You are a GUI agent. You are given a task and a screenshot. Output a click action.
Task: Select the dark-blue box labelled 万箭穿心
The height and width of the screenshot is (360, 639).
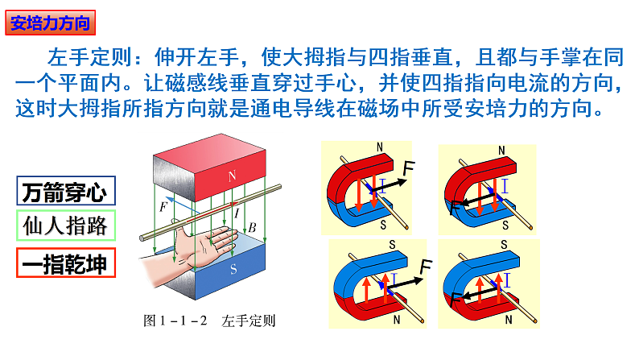point(65,192)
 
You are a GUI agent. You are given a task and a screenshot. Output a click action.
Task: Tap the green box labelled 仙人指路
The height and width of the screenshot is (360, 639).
point(65,225)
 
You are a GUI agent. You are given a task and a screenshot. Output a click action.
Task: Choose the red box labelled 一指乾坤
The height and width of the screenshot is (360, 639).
point(65,263)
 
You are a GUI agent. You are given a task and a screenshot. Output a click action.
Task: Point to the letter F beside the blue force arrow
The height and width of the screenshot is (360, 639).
point(164,207)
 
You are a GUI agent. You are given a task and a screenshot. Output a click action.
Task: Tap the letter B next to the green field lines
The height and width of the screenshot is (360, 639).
point(252,229)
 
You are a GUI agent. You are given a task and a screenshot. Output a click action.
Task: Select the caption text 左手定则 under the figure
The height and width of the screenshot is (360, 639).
point(249,320)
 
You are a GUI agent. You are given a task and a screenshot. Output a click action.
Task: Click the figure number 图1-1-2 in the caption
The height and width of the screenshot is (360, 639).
point(175,320)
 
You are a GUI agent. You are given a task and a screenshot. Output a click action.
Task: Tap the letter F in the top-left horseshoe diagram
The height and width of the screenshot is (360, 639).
point(409,167)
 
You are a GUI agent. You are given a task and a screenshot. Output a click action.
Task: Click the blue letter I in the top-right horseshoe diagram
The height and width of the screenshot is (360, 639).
point(505,188)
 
